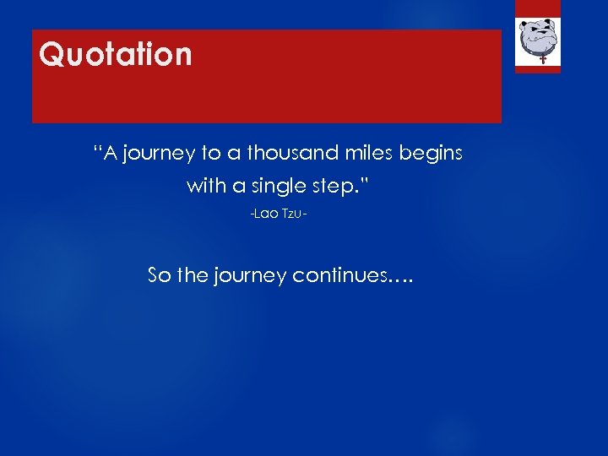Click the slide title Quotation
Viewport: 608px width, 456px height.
(116, 55)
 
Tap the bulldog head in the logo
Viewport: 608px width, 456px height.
(538, 36)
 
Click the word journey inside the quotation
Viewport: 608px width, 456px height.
(161, 155)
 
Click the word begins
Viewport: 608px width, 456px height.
(432, 155)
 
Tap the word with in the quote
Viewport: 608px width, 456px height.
(205, 185)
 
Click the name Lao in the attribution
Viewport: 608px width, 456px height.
(266, 217)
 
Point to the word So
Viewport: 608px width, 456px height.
(159, 275)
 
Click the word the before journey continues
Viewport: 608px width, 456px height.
(193, 275)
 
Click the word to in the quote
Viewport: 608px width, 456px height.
(210, 154)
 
